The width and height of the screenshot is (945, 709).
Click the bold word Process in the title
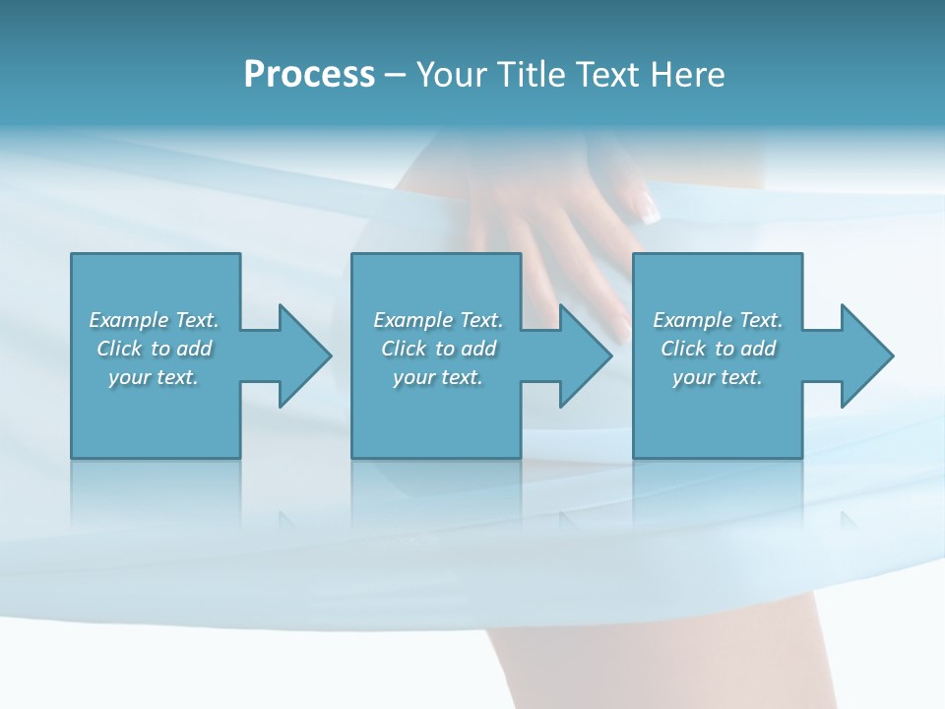click(x=309, y=75)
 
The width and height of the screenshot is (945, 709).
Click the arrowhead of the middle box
click(x=585, y=355)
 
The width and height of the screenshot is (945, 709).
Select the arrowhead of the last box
click(x=866, y=355)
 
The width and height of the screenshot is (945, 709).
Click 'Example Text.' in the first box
click(x=154, y=320)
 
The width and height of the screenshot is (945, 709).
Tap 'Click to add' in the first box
click(x=154, y=349)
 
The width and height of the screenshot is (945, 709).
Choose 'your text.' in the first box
click(x=154, y=377)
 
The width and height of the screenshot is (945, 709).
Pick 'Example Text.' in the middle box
click(x=438, y=320)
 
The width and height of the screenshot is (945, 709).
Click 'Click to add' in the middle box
click(x=438, y=349)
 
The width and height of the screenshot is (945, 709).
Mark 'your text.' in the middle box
click(x=438, y=377)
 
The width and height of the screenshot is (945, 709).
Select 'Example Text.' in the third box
click(x=718, y=320)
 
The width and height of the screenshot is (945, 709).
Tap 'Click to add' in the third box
click(x=718, y=349)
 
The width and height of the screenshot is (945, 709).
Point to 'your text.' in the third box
click(x=718, y=377)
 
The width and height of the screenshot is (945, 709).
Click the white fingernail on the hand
click(x=648, y=208)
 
